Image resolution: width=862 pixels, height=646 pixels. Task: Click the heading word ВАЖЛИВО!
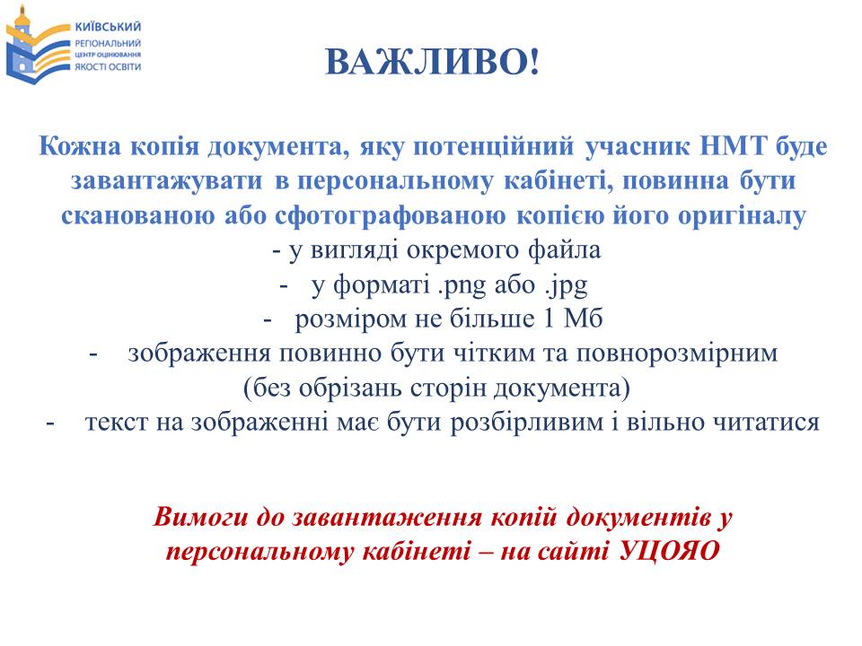click(x=433, y=62)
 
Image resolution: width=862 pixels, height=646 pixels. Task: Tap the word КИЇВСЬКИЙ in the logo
click(x=108, y=26)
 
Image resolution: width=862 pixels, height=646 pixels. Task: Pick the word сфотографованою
click(x=390, y=216)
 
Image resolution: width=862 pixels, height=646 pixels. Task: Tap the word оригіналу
click(x=742, y=216)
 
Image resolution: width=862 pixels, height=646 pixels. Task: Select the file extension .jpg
click(x=567, y=285)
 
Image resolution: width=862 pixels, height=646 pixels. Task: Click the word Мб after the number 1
click(x=584, y=319)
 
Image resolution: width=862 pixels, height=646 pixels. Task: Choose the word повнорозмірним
click(x=677, y=354)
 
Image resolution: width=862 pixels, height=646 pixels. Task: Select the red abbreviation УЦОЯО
click(x=669, y=551)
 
